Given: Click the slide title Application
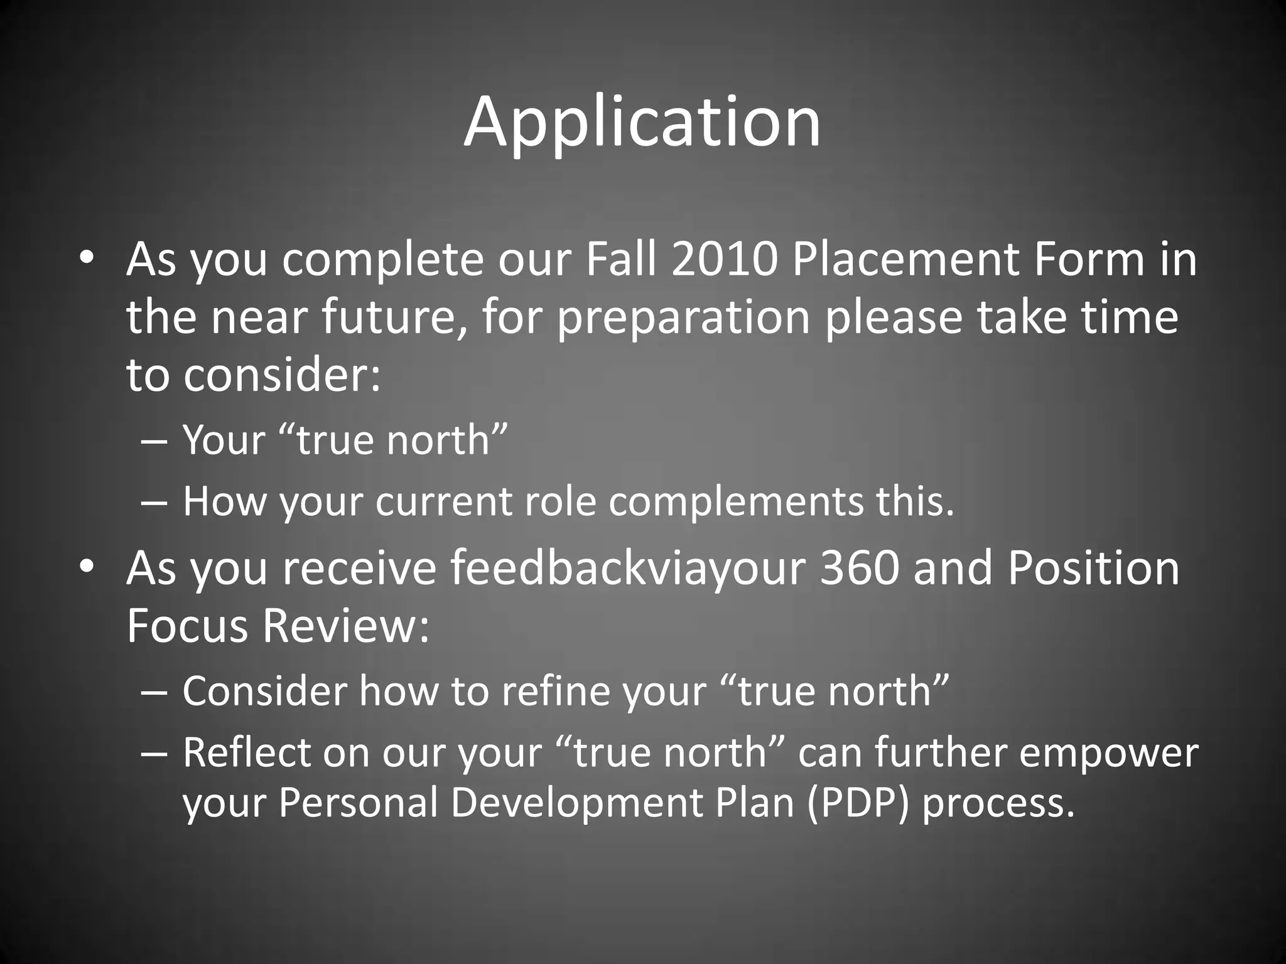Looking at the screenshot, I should (x=642, y=122).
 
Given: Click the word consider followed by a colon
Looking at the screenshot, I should (x=282, y=375).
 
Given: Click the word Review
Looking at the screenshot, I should (x=345, y=626).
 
